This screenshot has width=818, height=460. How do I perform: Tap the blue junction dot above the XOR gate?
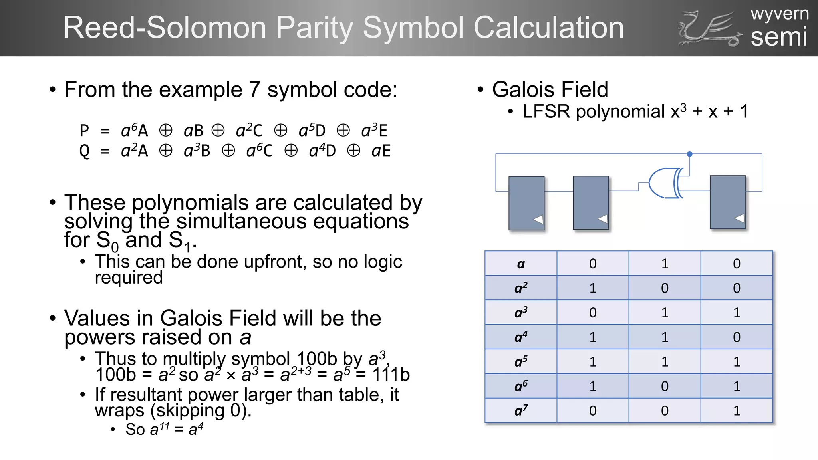[x=689, y=154]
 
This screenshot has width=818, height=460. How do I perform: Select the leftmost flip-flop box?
[x=526, y=203]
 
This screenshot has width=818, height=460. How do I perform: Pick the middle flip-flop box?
[x=591, y=202]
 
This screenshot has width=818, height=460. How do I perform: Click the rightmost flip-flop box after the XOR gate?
[x=727, y=202]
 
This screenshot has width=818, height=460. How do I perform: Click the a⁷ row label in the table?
[x=521, y=410]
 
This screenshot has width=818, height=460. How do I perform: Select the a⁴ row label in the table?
[x=521, y=337]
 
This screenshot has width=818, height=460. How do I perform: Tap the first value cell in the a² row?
[x=593, y=288]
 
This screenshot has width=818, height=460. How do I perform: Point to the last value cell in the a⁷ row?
[x=737, y=410]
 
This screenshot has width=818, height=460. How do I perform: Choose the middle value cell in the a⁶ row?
[x=665, y=386]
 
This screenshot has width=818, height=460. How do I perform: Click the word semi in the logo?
[x=779, y=37]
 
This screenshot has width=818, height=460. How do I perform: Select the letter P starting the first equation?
[x=84, y=131]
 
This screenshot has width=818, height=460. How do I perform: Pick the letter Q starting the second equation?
[x=85, y=151]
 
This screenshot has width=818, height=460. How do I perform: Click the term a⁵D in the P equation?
[x=312, y=131]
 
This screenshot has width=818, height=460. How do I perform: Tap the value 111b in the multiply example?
[x=391, y=375]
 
